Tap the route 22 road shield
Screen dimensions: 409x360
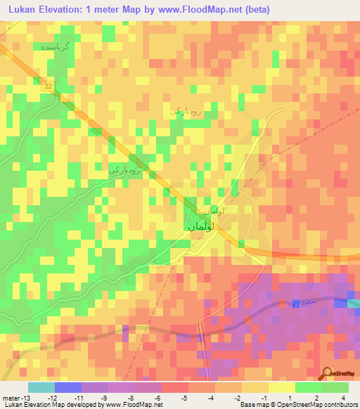47,86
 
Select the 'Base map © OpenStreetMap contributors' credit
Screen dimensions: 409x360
298,405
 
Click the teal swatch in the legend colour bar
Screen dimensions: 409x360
41,387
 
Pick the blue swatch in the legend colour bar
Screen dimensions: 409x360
67,387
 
